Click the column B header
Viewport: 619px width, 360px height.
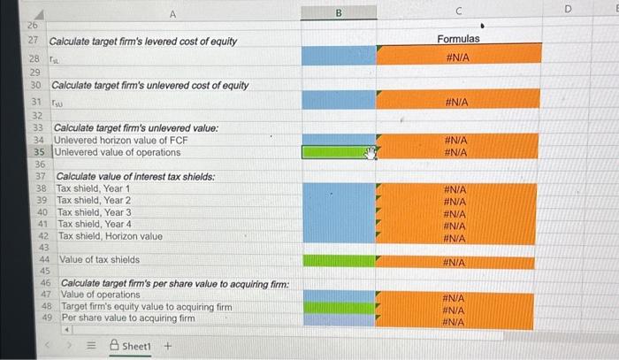[x=338, y=12]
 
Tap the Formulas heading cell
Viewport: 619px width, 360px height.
[x=459, y=39]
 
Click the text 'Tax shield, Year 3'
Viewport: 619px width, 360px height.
[x=95, y=212]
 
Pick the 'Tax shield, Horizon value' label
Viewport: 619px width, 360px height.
[x=111, y=236]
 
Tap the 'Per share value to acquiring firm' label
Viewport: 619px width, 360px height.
[x=128, y=318]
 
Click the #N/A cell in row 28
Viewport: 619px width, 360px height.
[x=459, y=55]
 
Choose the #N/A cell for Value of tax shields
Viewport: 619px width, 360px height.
[x=459, y=262]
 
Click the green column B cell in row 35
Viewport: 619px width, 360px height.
[x=338, y=152]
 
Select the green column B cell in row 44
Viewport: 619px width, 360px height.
[x=338, y=261]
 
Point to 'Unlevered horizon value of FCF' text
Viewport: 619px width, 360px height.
[x=135, y=141]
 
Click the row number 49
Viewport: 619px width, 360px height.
[x=48, y=318]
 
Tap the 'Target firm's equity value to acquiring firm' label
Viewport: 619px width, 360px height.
[x=146, y=306]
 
